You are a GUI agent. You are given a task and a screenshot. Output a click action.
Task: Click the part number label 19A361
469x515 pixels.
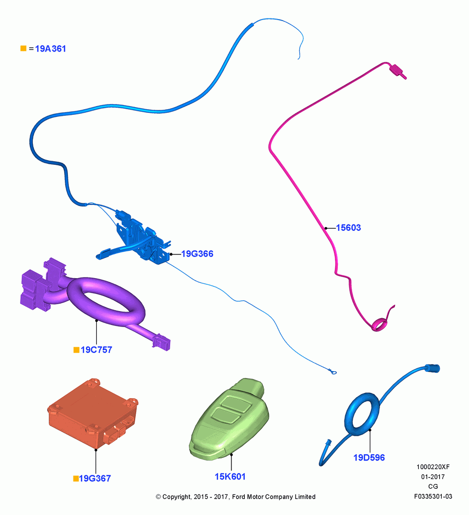[x=50, y=48]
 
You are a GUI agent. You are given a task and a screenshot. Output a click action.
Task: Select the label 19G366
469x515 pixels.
[x=197, y=253]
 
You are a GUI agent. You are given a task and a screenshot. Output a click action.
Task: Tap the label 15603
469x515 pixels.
[x=348, y=228]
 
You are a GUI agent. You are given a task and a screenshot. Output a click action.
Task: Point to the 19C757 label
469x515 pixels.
[x=96, y=350]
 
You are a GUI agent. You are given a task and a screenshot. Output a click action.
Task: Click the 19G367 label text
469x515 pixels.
[x=95, y=478]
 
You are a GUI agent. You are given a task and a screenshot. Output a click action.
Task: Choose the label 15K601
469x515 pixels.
[x=230, y=476]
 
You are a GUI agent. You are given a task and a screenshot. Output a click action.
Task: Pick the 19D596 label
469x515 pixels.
[x=369, y=457]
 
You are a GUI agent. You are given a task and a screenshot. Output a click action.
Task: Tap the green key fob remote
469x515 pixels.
[x=229, y=419]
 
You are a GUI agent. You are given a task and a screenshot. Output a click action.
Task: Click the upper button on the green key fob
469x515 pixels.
[x=236, y=404]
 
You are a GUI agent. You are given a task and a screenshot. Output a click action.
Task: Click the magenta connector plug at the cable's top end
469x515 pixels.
[x=398, y=71]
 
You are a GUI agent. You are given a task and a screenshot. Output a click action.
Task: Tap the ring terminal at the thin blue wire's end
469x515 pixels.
[x=333, y=372]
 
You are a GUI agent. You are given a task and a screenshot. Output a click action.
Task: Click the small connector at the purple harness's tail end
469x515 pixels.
[x=161, y=342]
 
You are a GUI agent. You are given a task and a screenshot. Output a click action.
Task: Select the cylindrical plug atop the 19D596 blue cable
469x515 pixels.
[x=432, y=368]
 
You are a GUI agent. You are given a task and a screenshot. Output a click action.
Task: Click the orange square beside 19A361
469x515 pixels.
[x=23, y=48]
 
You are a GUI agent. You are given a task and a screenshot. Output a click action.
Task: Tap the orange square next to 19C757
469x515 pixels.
[x=77, y=350]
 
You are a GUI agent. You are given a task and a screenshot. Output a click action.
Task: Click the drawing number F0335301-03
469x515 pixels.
[x=433, y=496]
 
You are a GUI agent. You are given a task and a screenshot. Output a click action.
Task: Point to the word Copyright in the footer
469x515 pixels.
[x=177, y=497]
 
